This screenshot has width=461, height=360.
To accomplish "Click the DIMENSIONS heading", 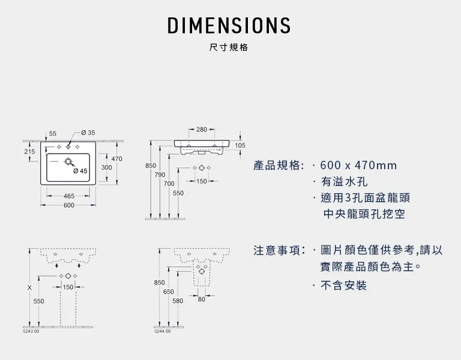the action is pos(229,25).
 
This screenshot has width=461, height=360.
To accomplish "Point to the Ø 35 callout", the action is pos(88,133).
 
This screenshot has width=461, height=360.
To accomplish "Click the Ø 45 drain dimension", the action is pos(80,171).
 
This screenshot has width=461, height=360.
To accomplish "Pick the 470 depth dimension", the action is pos(116,158).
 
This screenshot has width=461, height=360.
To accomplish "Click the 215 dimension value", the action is pos(29,152).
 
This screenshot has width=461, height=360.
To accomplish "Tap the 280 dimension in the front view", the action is pos(201,130).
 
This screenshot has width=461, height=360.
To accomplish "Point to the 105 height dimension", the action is pos(240,145).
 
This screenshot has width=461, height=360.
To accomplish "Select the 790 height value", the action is pos(160,175).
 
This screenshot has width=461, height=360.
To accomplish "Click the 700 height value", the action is pos(169,183).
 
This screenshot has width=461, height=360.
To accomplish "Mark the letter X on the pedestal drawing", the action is pos(29,287).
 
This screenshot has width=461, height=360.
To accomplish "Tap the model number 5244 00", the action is pos(162,331).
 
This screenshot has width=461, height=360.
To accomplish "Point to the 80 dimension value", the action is pos(201,299).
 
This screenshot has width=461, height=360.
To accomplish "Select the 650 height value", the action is pos(169,291).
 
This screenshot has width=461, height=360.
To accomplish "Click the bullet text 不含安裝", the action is pos(343,286).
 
